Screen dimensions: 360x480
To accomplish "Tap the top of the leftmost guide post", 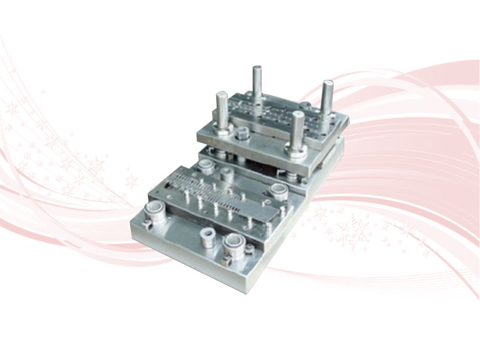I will click(220, 96).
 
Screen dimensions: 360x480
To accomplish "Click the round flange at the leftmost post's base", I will click(221, 128).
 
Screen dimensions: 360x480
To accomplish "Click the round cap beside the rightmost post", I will click(307, 107).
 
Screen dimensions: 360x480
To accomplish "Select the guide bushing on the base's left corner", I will click(155, 209).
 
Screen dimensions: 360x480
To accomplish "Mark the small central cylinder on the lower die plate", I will click(226, 173).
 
